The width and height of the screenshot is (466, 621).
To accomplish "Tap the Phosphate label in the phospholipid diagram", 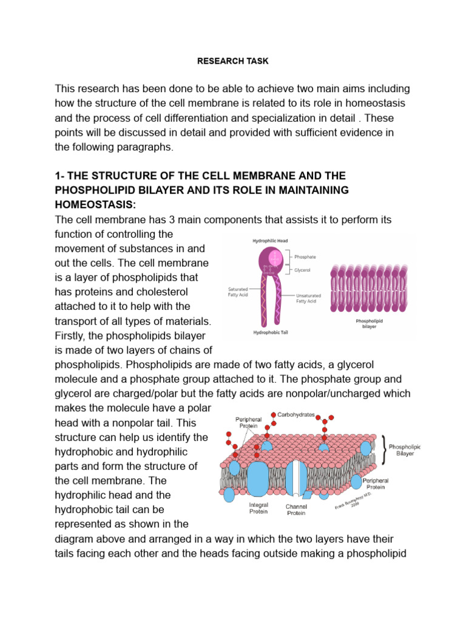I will [305, 257].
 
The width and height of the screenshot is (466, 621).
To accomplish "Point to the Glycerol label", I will [303, 270].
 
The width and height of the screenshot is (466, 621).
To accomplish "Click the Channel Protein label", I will [295, 509].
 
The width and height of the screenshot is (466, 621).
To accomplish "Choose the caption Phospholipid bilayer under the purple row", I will [369, 323].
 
